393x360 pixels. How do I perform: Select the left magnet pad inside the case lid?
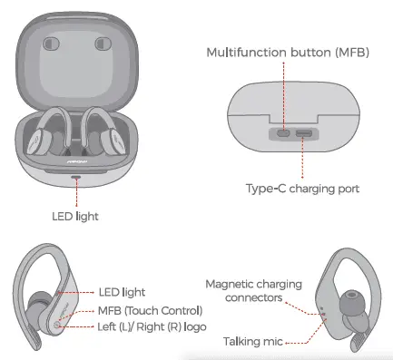coord(54,44)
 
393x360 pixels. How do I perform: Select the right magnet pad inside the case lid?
coord(99,44)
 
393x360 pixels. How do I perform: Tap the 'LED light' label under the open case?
coord(74,216)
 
